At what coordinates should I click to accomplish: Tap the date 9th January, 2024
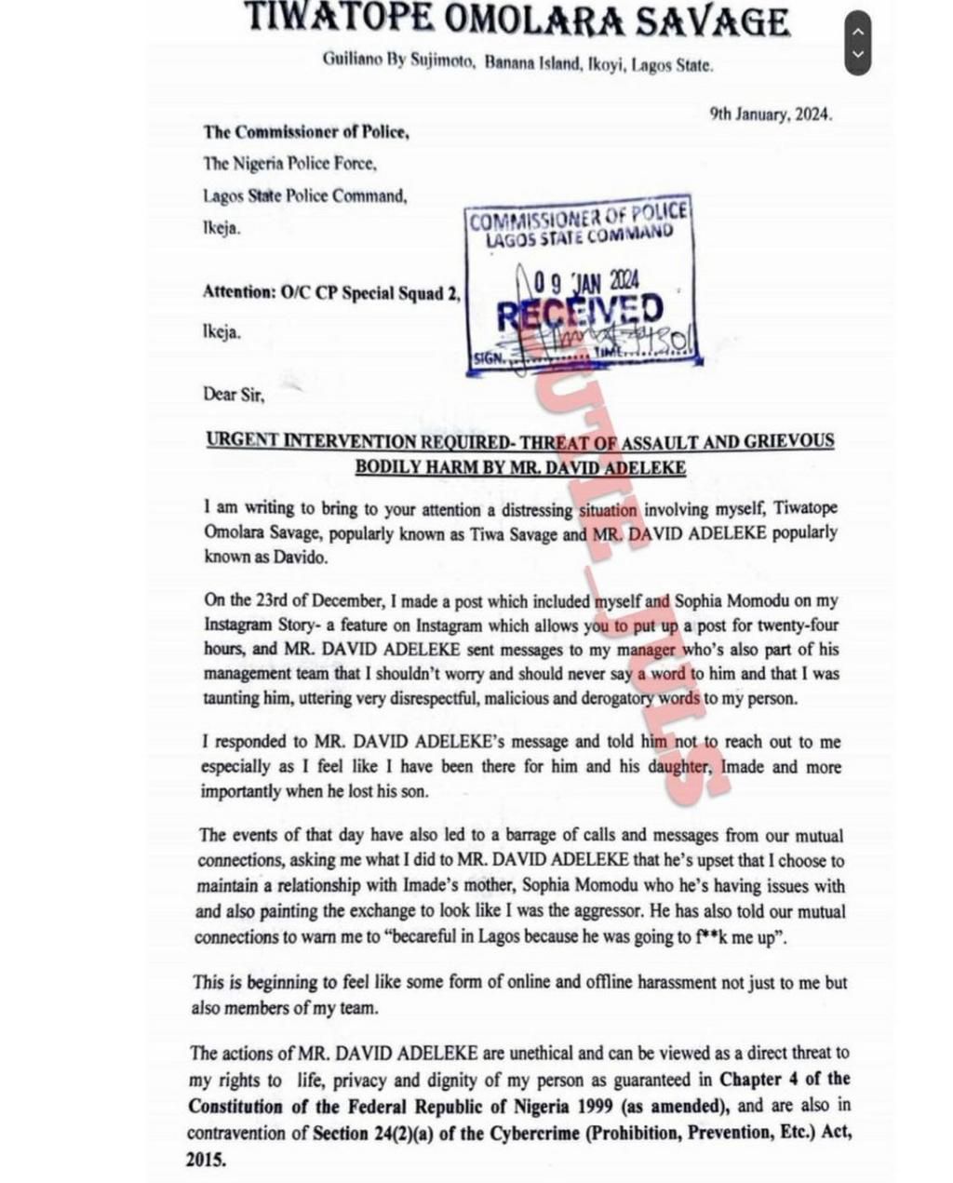(771, 114)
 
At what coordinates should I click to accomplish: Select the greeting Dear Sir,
(234, 395)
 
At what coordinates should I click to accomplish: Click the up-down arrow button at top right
(858, 43)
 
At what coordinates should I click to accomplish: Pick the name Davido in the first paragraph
(301, 558)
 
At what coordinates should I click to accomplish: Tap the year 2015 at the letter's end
(206, 1161)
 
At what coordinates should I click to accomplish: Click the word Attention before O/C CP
(238, 292)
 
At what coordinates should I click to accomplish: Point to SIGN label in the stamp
(488, 357)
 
